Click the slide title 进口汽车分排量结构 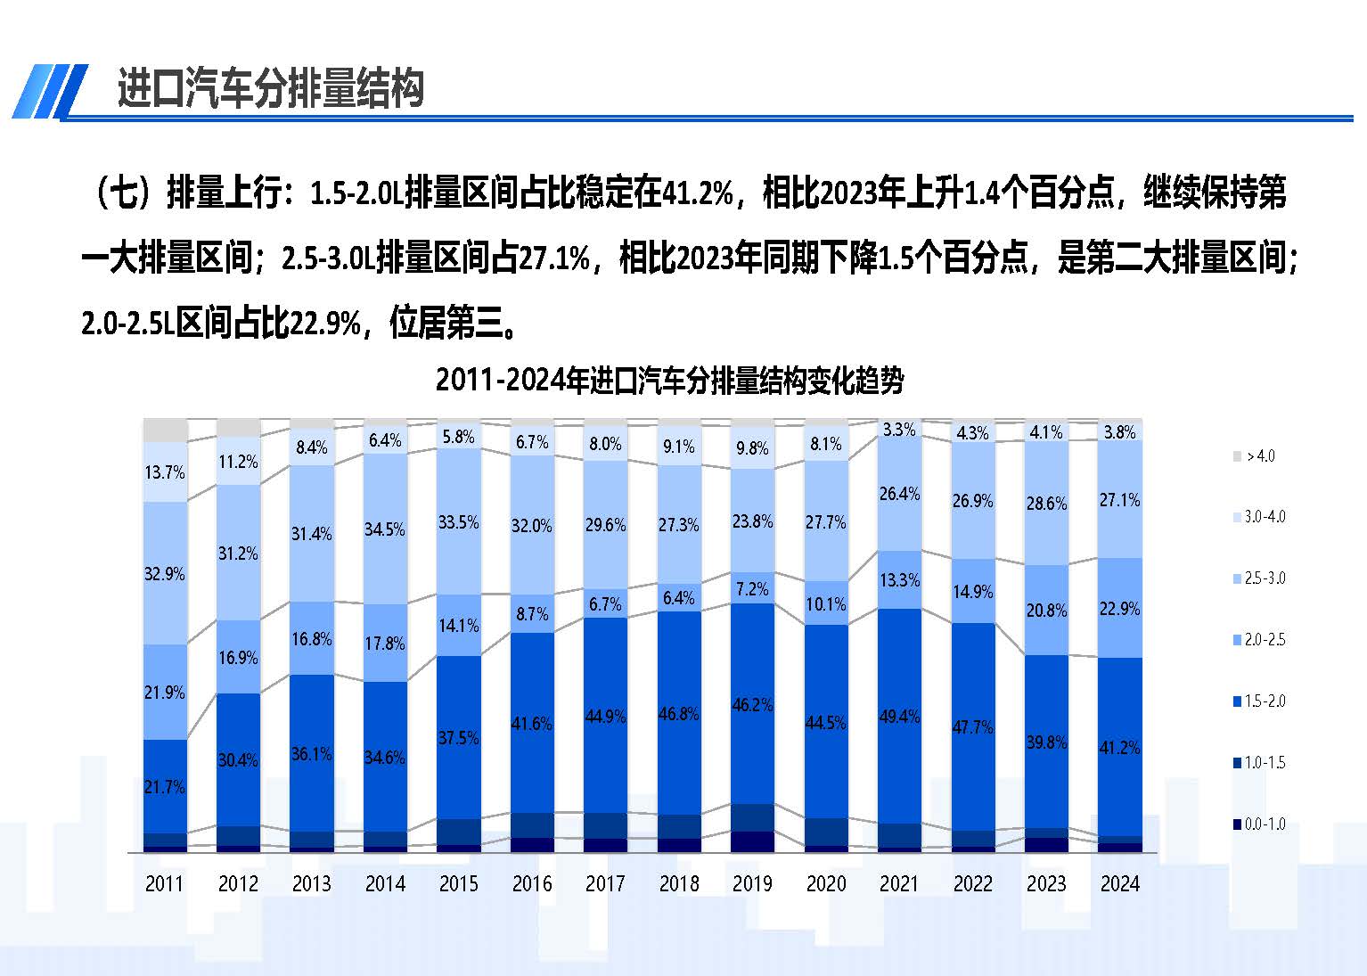(x=270, y=89)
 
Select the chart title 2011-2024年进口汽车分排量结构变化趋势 (x=669, y=381)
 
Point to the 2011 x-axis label (x=164, y=883)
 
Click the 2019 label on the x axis (x=752, y=883)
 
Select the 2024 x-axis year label (x=1119, y=883)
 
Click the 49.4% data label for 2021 (x=899, y=716)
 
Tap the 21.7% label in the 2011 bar (x=165, y=787)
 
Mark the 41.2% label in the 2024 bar (x=1119, y=748)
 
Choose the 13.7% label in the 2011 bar (x=165, y=472)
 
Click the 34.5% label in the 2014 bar (x=385, y=529)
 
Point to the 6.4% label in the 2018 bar (x=679, y=598)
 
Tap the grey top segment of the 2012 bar (x=238, y=427)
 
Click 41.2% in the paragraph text (x=698, y=193)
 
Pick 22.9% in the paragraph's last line (x=325, y=324)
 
